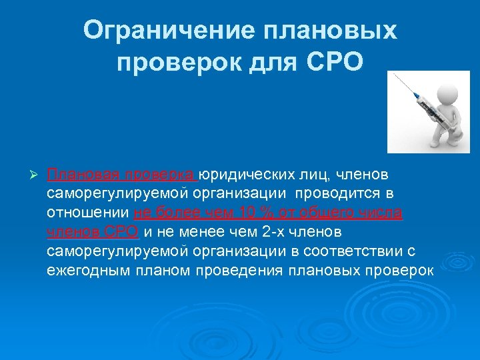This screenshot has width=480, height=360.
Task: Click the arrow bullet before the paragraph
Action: (x=35, y=175)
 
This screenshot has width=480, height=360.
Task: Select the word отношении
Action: (x=89, y=213)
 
